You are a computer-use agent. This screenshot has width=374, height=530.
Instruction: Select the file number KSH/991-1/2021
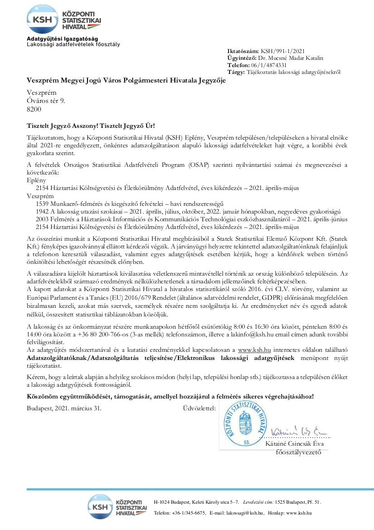[280, 51]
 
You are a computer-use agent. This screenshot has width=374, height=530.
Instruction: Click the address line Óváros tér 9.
[46, 101]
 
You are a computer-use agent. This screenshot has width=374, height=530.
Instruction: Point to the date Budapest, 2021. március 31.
[64, 408]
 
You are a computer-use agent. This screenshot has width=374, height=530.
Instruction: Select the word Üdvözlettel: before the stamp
[199, 408]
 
